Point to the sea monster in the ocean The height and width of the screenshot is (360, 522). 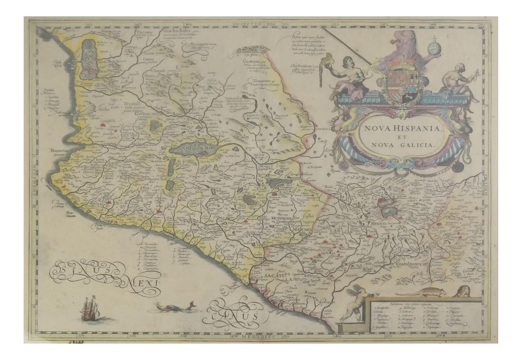(176, 308)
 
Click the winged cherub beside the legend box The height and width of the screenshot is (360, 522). (354, 304)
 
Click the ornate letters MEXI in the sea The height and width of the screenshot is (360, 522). (142, 285)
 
